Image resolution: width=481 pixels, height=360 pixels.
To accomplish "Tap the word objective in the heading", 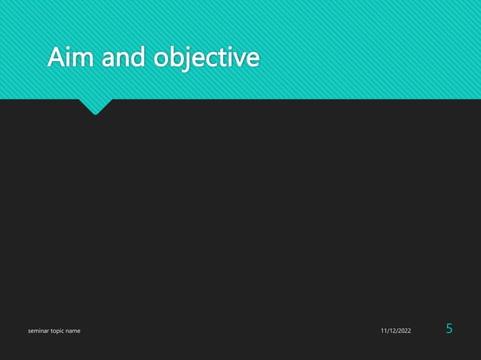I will pos(205,58).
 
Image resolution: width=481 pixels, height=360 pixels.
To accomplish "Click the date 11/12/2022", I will pos(396,331).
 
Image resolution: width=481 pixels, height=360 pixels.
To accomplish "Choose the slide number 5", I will pos(449,328).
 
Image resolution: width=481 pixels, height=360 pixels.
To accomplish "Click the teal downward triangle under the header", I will pos(96,106).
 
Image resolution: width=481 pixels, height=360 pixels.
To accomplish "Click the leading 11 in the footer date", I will pos(382,331).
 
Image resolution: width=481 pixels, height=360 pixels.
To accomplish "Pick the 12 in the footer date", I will pos(391,331).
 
